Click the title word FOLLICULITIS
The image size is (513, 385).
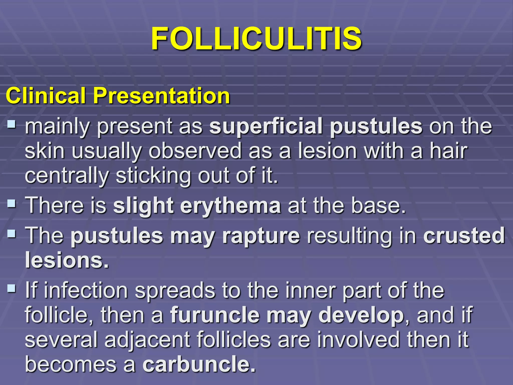click(256, 39)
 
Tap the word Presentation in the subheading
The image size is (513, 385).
click(161, 96)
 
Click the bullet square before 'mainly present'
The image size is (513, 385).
click(11, 124)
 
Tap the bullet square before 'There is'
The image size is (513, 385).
click(11, 204)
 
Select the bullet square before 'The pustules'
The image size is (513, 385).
click(11, 234)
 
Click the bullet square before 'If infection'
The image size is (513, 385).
click(11, 288)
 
